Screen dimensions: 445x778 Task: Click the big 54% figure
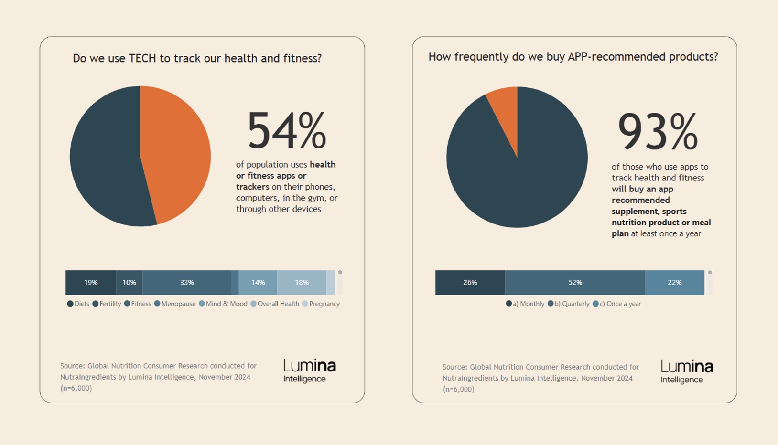coord(286,131)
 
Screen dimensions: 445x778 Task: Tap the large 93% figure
coord(657,132)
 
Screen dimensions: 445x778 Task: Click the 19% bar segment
coord(91,283)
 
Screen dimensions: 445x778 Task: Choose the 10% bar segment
coord(129,283)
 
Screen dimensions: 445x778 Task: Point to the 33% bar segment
coord(187,283)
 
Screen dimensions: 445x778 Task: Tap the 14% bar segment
coord(258,283)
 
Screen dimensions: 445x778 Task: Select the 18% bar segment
coord(302,283)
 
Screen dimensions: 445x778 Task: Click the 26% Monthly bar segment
coord(470,283)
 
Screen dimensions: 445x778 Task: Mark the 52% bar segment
coord(575,283)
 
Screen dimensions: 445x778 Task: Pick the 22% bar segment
coord(674,283)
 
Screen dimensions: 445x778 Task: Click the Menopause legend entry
coord(175,304)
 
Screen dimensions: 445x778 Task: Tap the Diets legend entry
coord(79,304)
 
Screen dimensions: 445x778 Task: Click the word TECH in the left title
coord(142,58)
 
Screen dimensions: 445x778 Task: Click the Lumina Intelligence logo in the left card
coord(309,371)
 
